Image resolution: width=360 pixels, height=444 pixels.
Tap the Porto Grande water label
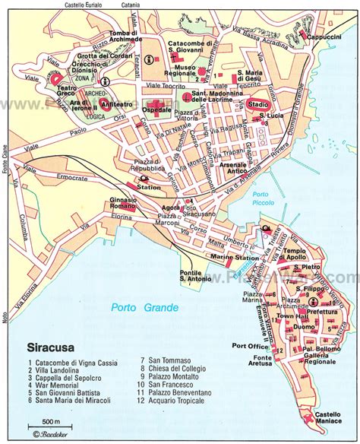144,307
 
